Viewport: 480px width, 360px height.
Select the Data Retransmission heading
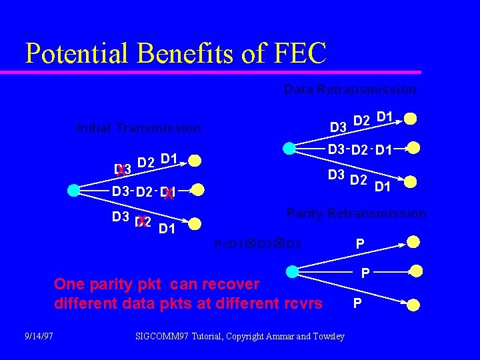pos(349,89)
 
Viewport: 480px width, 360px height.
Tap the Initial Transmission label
pos(139,128)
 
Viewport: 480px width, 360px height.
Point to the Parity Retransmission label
pos(355,213)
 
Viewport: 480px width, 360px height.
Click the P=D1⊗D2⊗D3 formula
pos(257,245)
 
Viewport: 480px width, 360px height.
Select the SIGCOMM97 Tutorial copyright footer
pos(239,336)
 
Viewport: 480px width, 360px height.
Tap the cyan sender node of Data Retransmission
pos(289,148)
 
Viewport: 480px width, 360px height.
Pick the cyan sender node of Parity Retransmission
pos(292,271)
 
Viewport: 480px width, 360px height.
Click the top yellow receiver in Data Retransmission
pos(411,119)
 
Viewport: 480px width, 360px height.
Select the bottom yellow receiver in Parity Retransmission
pos(414,305)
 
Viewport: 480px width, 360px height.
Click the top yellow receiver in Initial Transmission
pos(194,161)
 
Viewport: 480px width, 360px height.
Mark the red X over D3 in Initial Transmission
pos(121,171)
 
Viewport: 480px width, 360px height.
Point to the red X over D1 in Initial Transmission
pos(169,195)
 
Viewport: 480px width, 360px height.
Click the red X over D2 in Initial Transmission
pos(141,221)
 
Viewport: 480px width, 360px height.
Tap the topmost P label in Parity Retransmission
pos(359,245)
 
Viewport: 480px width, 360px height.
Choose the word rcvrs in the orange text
pos(303,303)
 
